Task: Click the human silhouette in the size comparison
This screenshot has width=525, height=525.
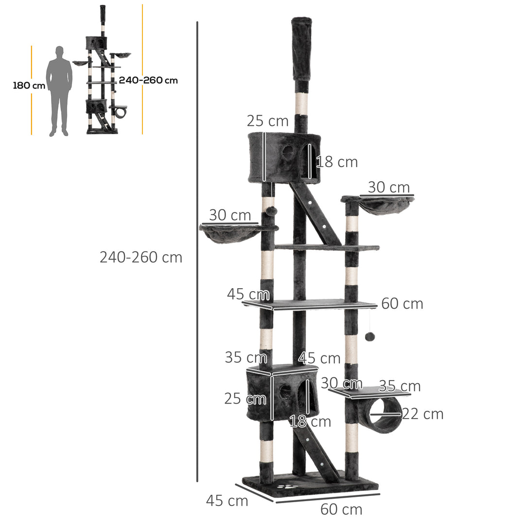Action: (x=59, y=90)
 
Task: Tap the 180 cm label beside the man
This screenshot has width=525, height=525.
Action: (x=29, y=86)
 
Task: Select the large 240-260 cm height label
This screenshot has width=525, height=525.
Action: (x=141, y=257)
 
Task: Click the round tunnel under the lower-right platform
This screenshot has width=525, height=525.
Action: (x=385, y=415)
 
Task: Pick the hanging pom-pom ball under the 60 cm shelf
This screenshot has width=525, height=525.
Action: (x=369, y=336)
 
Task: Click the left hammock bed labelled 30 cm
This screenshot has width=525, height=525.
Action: (x=230, y=233)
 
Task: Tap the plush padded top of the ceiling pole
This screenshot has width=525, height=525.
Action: (x=301, y=49)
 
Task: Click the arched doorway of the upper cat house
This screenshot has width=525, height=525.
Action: (x=307, y=160)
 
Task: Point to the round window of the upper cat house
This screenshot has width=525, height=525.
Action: (x=288, y=152)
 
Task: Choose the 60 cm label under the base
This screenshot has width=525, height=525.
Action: (x=341, y=509)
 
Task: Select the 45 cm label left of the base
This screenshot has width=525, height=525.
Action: (x=227, y=501)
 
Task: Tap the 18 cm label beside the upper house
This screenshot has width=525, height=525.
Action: (x=337, y=162)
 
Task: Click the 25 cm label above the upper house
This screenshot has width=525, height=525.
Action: (x=267, y=121)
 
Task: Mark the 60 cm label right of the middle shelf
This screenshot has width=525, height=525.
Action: (x=402, y=304)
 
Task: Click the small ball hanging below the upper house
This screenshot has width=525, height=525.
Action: (x=271, y=211)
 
